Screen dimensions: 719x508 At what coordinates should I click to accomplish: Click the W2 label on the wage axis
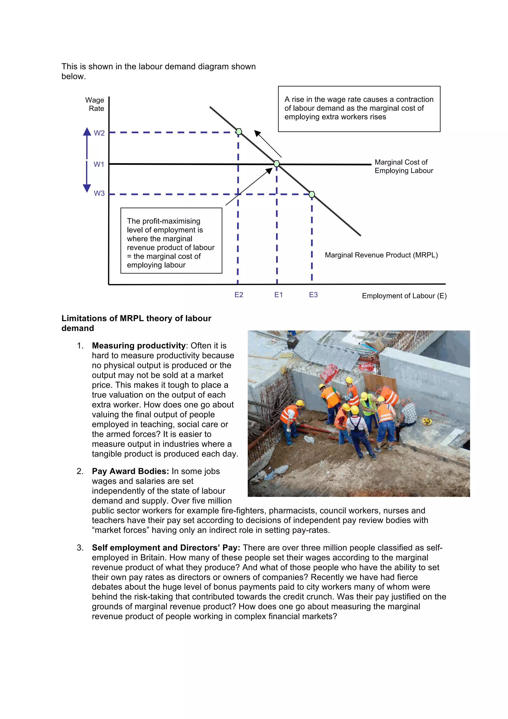pyautogui.click(x=99, y=133)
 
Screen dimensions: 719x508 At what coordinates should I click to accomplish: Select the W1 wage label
pyautogui.click(x=99, y=164)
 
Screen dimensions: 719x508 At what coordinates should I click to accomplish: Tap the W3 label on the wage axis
pyautogui.click(x=99, y=193)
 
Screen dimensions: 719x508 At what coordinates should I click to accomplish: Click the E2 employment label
pyautogui.click(x=239, y=295)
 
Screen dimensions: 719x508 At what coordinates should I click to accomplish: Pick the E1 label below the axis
pyautogui.click(x=278, y=295)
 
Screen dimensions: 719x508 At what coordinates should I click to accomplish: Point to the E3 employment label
pyautogui.click(x=313, y=295)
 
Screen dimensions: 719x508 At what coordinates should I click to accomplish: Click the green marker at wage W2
pyautogui.click(x=239, y=131)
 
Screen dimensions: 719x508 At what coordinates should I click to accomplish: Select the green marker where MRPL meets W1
pyautogui.click(x=277, y=163)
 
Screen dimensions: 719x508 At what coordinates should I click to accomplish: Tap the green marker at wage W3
pyautogui.click(x=312, y=195)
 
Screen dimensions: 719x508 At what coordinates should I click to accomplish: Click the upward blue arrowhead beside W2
pyautogui.click(x=87, y=131)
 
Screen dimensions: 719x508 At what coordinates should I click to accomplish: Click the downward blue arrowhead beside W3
pyautogui.click(x=87, y=188)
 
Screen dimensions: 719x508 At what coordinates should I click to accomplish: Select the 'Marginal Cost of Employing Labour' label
pyautogui.click(x=404, y=166)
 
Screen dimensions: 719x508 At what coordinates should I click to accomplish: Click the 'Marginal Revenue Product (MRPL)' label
pyautogui.click(x=381, y=255)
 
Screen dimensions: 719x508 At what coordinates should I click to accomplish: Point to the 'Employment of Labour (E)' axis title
pyautogui.click(x=404, y=296)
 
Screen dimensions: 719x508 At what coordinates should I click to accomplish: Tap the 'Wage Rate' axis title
pyautogui.click(x=95, y=104)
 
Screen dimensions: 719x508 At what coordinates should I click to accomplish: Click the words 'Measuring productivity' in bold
pyautogui.click(x=139, y=345)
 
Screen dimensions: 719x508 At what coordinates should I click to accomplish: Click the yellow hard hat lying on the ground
pyautogui.click(x=427, y=422)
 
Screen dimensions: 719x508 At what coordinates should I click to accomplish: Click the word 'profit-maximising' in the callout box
pyautogui.click(x=171, y=221)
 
